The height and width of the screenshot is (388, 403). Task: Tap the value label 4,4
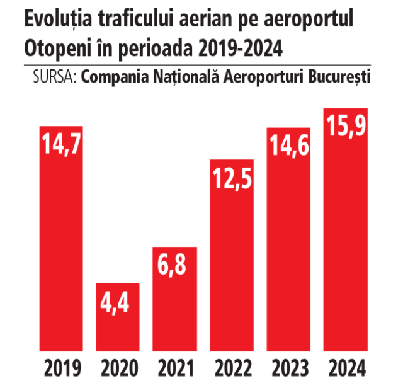pyautogui.click(x=118, y=302)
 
